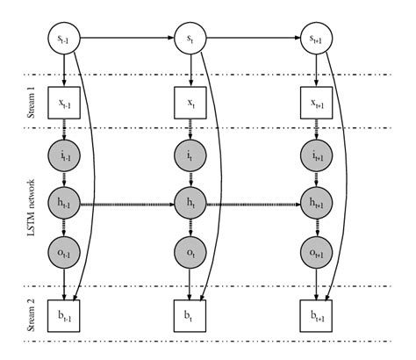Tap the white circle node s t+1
pos(314,39)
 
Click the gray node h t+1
pos(314,205)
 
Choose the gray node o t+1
pos(314,252)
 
